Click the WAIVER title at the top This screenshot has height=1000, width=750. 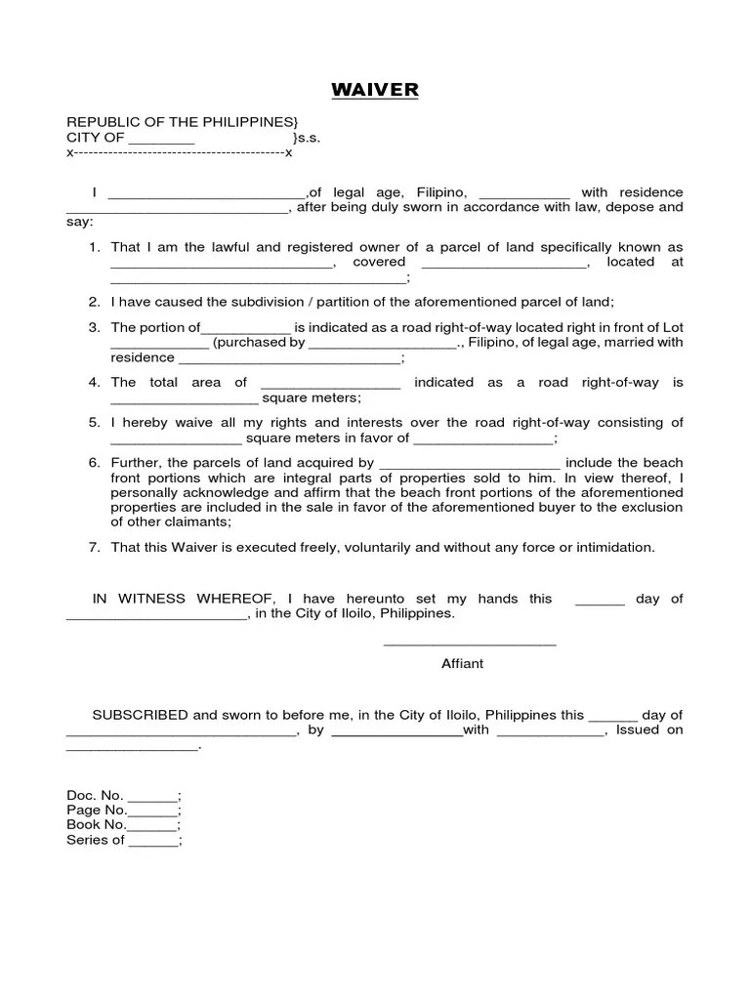(x=375, y=91)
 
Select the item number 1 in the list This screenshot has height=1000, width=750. (x=95, y=247)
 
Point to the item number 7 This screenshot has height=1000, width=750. (x=95, y=547)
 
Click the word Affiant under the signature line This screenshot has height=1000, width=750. (x=462, y=663)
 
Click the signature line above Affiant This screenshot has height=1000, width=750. (x=470, y=645)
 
